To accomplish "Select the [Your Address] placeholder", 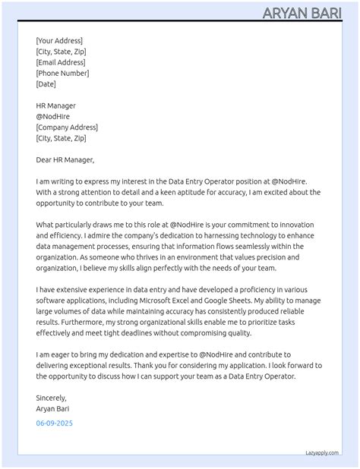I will tap(59, 41).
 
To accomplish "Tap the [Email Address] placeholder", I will tap(61, 62).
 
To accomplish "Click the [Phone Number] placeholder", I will tap(62, 74).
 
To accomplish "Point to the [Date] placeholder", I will tap(46, 84).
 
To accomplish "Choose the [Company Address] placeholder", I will tap(67, 127).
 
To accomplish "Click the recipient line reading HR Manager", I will tap(56, 105).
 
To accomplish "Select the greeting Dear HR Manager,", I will tap(65, 160).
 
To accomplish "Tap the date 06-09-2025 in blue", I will tap(55, 423).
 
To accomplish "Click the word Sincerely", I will tap(51, 397).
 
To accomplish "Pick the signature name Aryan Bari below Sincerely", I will tap(53, 408).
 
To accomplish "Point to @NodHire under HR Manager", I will tap(52, 117).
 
